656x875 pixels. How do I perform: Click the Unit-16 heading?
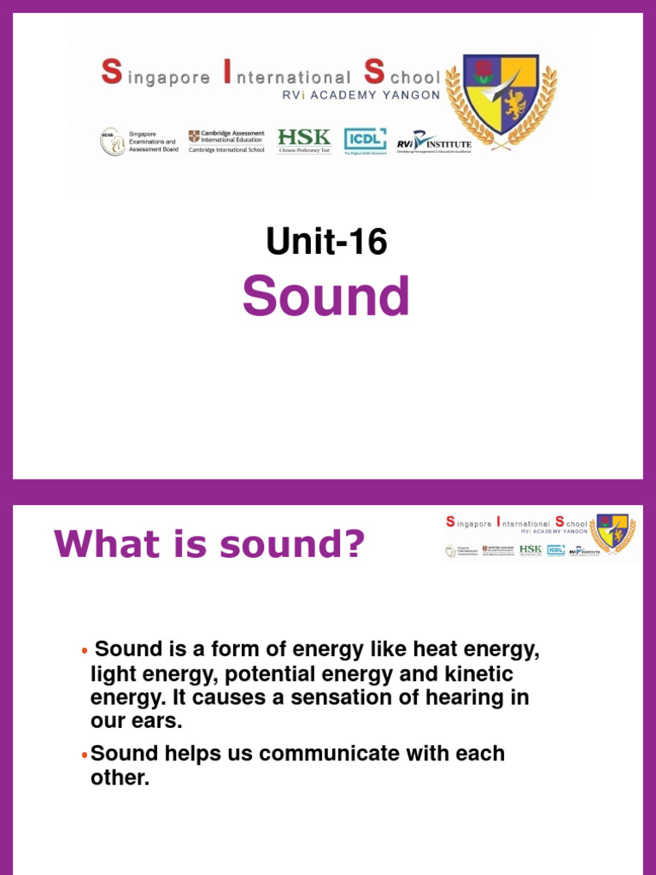326,243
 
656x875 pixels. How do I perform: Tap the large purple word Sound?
326,297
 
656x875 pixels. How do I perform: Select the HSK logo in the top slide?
303,140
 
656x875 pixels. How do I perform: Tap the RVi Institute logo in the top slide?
434,142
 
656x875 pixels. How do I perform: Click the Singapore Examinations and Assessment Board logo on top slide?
135,142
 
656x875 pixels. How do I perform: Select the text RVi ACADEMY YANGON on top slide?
361,96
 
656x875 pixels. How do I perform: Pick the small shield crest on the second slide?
612,533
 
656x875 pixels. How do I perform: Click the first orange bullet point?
84,652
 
